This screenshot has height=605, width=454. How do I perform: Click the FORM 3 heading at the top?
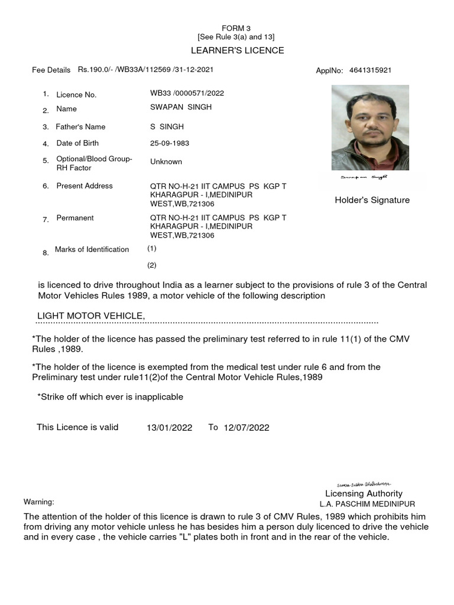click(236, 28)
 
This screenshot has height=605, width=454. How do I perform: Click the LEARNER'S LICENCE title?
click(236, 50)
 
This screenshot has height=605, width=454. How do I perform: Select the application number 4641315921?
click(370, 70)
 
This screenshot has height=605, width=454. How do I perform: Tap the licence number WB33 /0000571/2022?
click(187, 93)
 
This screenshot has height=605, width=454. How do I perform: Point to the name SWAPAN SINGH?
click(181, 107)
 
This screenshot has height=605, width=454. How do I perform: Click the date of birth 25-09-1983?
click(170, 143)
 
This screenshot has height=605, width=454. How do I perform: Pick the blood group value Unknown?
click(166, 162)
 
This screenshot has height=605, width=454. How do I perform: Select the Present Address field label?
click(85, 186)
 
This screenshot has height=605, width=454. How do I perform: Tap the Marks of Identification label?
click(92, 249)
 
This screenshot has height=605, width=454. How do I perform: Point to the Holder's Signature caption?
click(372, 200)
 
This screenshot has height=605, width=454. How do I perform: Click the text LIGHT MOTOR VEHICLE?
click(91, 316)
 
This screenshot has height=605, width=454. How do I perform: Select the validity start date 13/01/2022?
click(170, 428)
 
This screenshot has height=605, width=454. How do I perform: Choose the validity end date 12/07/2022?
click(247, 428)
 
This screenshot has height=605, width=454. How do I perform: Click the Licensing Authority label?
click(364, 493)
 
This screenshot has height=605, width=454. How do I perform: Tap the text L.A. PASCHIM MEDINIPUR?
click(367, 504)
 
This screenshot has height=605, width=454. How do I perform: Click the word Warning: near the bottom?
click(39, 502)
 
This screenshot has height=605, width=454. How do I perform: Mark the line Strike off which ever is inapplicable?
click(111, 396)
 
